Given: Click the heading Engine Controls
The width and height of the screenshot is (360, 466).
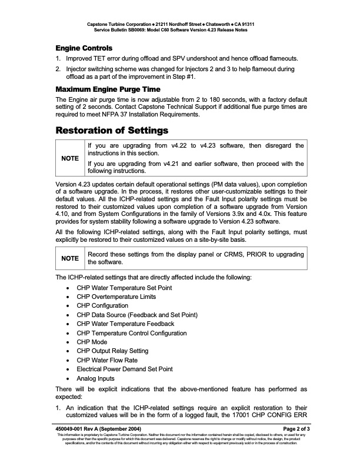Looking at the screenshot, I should pyautogui.click(x=84, y=48).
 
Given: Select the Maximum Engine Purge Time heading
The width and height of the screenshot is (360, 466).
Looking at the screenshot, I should pyautogui.click(x=107, y=89).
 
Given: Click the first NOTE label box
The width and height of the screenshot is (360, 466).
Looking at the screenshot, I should pyautogui.click(x=69, y=158).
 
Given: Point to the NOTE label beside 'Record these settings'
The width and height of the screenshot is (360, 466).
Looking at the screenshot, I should pyautogui.click(x=69, y=258).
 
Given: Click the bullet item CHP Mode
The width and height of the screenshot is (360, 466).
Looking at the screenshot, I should pyautogui.click(x=92, y=342).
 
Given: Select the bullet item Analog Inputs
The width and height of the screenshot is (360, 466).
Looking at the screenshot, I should pyautogui.click(x=95, y=378).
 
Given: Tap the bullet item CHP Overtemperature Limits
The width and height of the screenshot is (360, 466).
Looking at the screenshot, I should pyautogui.click(x=118, y=297).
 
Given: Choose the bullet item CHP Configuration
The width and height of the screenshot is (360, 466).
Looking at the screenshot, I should pyautogui.click(x=102, y=306).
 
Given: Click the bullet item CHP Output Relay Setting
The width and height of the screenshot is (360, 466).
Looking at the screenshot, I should pyautogui.click(x=112, y=351).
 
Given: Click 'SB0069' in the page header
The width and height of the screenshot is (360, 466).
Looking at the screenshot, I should pyautogui.click(x=145, y=29).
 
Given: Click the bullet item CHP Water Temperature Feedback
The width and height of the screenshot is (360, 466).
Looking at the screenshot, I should pyautogui.click(x=125, y=324).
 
